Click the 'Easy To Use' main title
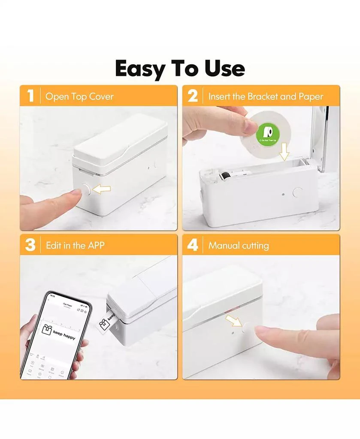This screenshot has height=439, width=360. (180, 69)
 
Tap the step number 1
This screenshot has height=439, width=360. (30, 96)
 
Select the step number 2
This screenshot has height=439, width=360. (193, 96)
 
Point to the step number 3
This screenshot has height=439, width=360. (30, 245)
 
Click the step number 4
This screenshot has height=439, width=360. (193, 245)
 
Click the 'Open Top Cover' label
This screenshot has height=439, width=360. (79, 96)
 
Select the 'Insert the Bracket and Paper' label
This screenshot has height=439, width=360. (266, 96)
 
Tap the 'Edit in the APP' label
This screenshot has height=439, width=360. (75, 246)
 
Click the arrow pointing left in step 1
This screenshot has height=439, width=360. (102, 188)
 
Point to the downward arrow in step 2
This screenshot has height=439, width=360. (284, 153)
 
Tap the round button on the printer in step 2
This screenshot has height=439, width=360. (297, 192)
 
